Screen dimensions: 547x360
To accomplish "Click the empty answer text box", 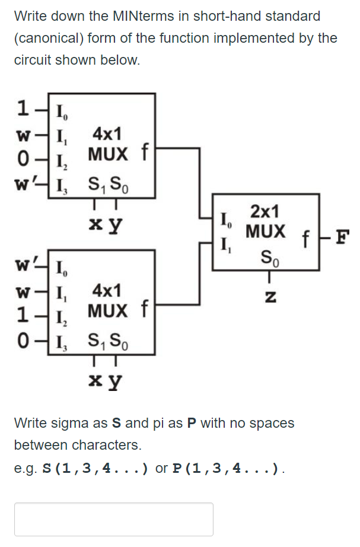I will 113,519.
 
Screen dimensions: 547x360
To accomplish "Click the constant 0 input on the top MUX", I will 23,159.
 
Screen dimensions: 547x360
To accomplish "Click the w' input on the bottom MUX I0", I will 26,260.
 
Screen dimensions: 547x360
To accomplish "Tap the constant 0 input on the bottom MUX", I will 23,340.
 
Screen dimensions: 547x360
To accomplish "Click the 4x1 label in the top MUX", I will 107,133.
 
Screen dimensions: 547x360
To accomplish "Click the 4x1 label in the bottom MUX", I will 107,291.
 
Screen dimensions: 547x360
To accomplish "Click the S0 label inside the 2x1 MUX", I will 268,258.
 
